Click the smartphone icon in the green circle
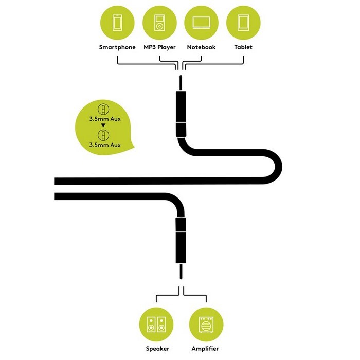(117, 23)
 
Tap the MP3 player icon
(159, 23)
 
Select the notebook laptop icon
(202, 23)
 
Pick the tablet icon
(243, 23)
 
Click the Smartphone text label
(117, 47)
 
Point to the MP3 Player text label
(159, 47)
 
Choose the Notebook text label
(202, 47)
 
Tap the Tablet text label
(243, 47)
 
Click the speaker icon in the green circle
(156, 324)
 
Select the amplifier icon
(206, 325)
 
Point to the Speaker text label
(157, 349)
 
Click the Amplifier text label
(205, 349)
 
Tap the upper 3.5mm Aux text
(105, 119)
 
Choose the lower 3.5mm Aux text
(105, 145)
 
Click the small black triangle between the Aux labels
(103, 125)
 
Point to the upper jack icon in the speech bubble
(103, 109)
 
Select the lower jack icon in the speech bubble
(103, 135)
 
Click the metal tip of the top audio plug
(181, 83)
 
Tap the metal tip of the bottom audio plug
(181, 272)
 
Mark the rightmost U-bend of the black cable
(278, 167)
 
